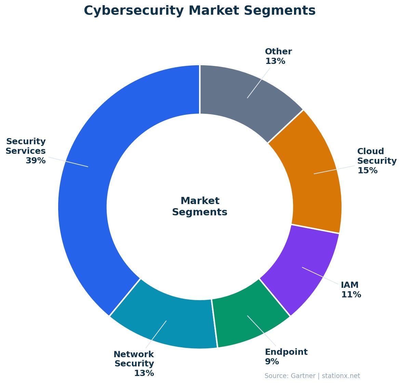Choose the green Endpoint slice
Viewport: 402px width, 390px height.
click(x=250, y=318)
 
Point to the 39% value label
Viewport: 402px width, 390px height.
click(x=36, y=161)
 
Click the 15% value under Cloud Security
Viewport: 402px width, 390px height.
click(x=367, y=171)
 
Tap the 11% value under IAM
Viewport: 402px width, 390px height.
click(x=351, y=295)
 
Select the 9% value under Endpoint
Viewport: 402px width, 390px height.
click(x=272, y=362)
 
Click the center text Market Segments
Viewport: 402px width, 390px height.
click(x=200, y=206)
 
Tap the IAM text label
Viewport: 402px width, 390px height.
click(x=350, y=285)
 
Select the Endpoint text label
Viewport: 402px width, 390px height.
click(x=286, y=352)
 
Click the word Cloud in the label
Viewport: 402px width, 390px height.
click(x=371, y=151)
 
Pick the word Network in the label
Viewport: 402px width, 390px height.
click(x=134, y=354)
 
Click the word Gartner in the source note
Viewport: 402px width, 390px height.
click(x=303, y=376)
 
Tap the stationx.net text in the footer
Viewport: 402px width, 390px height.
click(x=341, y=376)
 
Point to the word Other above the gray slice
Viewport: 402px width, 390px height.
click(x=278, y=52)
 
